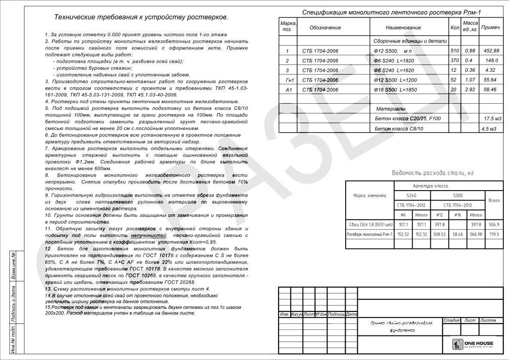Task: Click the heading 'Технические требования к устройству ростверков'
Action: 141,18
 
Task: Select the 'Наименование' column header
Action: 403,28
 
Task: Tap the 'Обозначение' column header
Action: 325,28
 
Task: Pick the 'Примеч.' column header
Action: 491,28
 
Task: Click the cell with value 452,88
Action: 491,51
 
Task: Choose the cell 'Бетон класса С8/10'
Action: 399,129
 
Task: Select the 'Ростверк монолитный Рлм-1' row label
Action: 370,234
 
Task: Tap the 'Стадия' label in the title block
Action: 451,320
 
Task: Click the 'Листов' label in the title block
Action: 488,320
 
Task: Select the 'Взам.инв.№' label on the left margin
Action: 13,267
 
